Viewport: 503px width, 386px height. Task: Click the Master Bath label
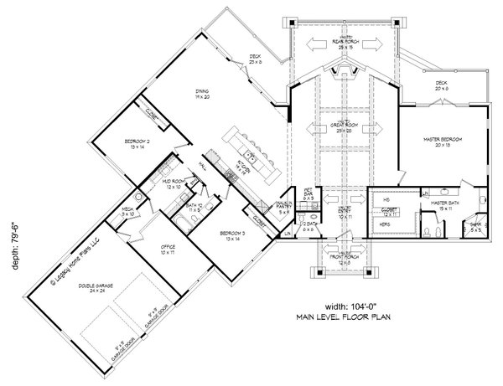442,203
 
